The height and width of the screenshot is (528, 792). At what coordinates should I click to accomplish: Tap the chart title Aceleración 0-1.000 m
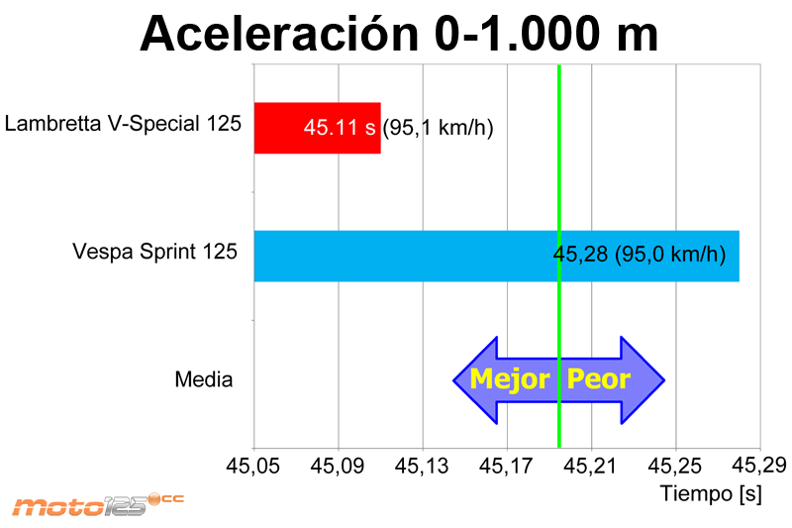point(399,34)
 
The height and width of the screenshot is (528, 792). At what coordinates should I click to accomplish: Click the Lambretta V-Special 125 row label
point(123,124)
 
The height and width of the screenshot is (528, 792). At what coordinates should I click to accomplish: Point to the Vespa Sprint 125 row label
point(154,252)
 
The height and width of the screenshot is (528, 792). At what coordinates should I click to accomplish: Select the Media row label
point(203,379)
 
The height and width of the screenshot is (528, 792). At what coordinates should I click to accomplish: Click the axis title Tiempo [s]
point(711,492)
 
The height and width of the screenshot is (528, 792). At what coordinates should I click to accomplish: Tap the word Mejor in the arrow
point(509,379)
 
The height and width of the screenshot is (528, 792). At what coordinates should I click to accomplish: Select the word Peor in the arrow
point(598,379)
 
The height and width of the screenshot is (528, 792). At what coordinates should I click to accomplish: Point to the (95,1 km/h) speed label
point(438,129)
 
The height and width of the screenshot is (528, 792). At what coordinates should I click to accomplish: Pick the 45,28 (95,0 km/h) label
point(640,255)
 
